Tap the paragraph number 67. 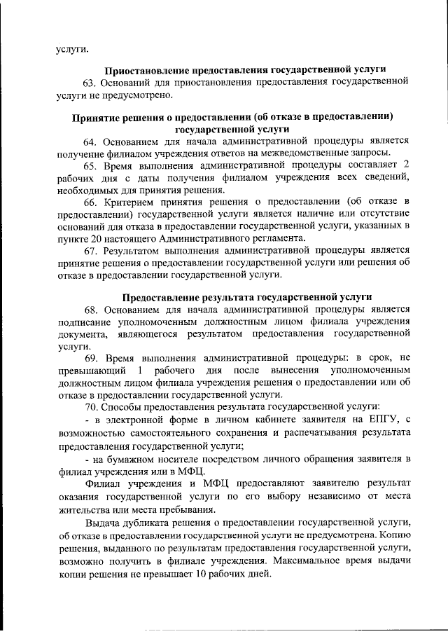(x=92, y=250)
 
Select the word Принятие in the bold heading (x=95, y=116)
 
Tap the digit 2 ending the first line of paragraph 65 (x=405, y=165)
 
